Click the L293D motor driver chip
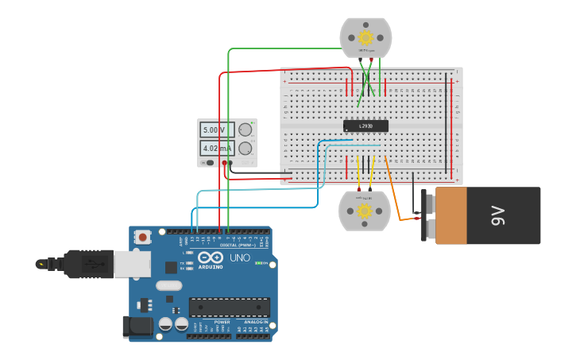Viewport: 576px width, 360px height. (365, 126)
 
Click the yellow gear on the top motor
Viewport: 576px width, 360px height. (365, 37)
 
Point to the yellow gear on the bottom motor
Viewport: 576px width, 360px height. (364, 211)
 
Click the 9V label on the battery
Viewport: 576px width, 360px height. (498, 215)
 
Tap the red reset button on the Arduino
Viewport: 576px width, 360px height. (142, 237)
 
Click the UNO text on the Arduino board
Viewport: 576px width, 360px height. (240, 258)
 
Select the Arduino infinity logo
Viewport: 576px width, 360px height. (211, 257)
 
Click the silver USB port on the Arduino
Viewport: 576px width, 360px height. (132, 264)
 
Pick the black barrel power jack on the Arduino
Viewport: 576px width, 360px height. (137, 327)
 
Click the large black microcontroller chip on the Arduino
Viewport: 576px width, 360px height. (229, 308)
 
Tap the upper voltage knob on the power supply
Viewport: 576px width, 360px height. (245, 130)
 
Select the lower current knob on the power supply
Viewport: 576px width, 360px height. (245, 149)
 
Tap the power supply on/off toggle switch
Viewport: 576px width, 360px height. (209, 163)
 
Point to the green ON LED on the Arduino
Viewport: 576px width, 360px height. (257, 263)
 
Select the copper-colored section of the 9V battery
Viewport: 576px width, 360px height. (450, 215)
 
